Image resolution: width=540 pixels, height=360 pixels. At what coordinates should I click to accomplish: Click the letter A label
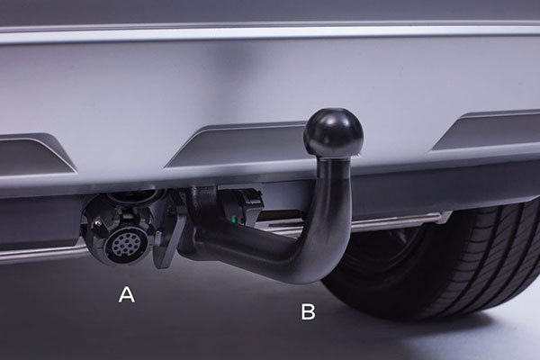click(126, 295)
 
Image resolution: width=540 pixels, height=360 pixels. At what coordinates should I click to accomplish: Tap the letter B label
click(308, 311)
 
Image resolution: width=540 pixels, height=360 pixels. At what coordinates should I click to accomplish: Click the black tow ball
click(333, 132)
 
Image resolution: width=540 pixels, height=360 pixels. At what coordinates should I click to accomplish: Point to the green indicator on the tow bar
click(234, 220)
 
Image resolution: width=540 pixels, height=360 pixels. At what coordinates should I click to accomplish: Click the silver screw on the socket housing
click(100, 223)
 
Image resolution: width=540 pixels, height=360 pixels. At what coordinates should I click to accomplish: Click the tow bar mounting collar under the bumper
click(203, 200)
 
